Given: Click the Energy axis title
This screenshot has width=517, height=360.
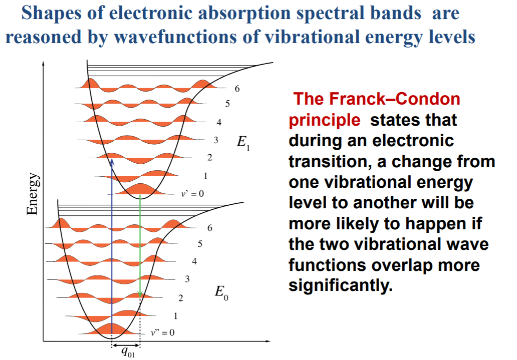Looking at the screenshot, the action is click(33, 194).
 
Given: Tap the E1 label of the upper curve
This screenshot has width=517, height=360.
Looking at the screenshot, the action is click(243, 143).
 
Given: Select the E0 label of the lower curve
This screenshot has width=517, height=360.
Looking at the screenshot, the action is click(221, 292).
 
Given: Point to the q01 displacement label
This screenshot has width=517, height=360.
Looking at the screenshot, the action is click(128, 352).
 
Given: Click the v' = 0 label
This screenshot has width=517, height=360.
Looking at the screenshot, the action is click(192, 193).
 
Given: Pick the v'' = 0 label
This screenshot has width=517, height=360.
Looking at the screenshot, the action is click(163, 332).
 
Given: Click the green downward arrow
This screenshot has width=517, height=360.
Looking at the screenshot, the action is click(140, 246).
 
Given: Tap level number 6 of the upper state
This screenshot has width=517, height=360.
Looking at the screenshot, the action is click(237, 89).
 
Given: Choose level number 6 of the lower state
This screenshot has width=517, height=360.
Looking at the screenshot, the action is click(210, 228).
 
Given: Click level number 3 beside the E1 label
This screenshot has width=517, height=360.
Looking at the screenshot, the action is click(216, 140).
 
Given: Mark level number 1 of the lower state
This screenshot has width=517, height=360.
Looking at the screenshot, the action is click(175, 316).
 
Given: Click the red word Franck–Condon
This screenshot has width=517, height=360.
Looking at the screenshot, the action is click(377, 99).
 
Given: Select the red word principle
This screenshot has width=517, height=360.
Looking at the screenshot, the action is click(325, 120).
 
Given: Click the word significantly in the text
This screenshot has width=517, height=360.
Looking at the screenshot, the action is click(341, 285).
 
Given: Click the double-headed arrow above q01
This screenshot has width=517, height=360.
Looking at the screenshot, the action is click(126, 345).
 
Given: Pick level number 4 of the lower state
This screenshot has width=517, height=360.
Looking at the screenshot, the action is click(194, 261).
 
